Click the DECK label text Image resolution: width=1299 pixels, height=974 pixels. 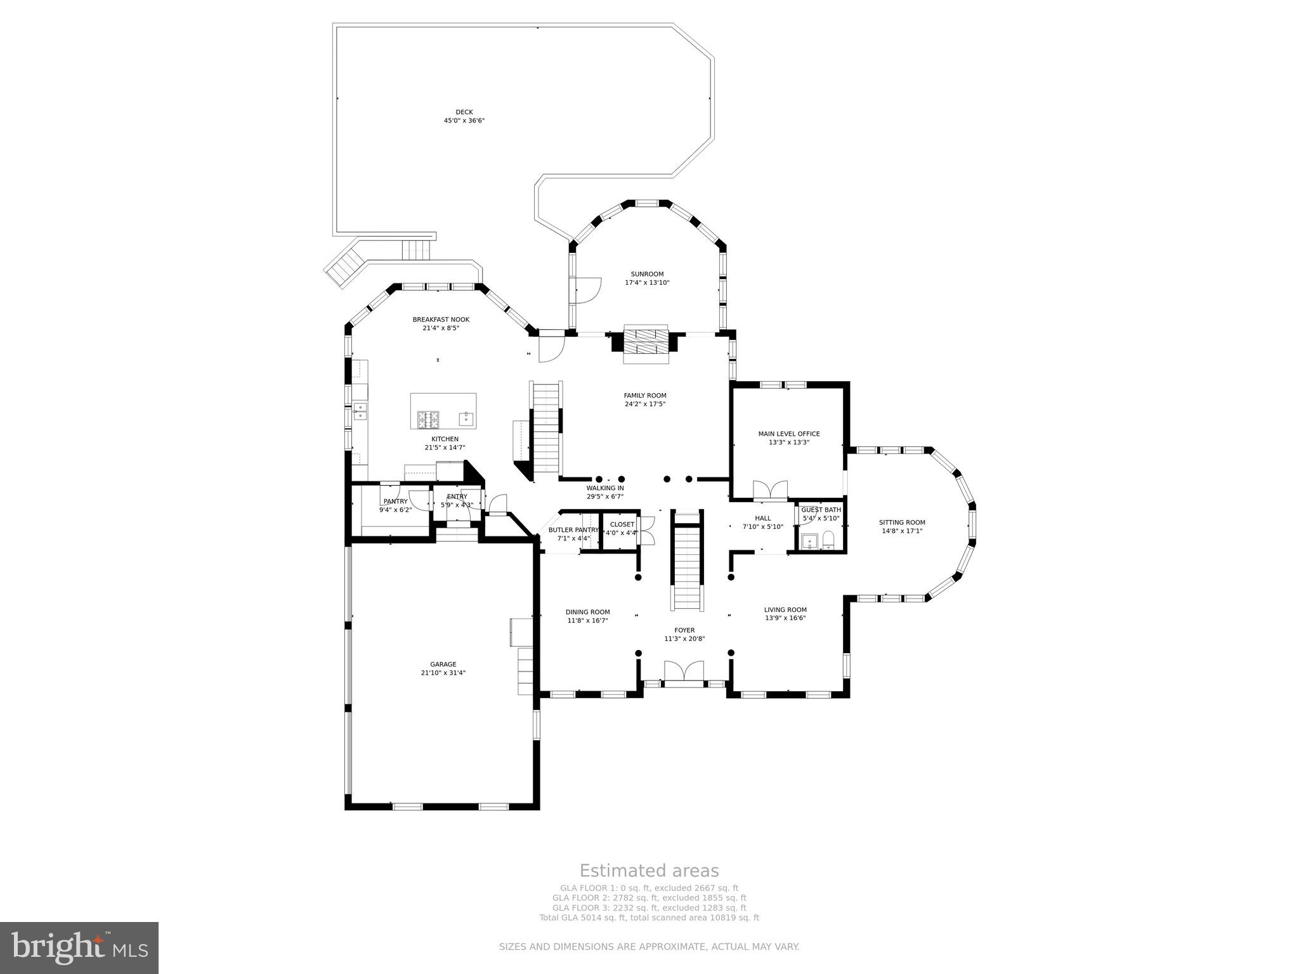point(464,112)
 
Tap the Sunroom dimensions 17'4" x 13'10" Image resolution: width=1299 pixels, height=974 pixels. point(647,283)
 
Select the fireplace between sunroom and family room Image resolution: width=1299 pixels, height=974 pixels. point(646,344)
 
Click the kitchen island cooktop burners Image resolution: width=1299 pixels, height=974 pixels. point(428,418)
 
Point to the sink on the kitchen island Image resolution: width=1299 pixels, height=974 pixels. point(466,417)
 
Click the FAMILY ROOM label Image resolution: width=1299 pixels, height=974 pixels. point(644,396)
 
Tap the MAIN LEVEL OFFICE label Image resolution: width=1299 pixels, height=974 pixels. point(788,434)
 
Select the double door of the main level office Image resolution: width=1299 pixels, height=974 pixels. point(769,490)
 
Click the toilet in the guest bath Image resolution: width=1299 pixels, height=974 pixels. point(828,541)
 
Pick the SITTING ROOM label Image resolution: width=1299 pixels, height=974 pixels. point(901,523)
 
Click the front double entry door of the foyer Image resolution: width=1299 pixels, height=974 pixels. point(684,672)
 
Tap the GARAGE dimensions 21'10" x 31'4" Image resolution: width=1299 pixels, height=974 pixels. point(443,673)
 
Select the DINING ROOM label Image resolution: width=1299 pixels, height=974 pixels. point(587,612)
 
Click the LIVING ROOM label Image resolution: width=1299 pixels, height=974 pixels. point(785,609)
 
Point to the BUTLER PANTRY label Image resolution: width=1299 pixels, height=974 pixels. point(573,530)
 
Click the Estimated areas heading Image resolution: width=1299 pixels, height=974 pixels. point(649,871)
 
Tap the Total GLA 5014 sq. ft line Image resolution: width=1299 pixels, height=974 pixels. point(649,918)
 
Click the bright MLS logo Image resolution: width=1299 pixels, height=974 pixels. point(79,947)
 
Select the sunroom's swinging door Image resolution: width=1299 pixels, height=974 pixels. point(587,290)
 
